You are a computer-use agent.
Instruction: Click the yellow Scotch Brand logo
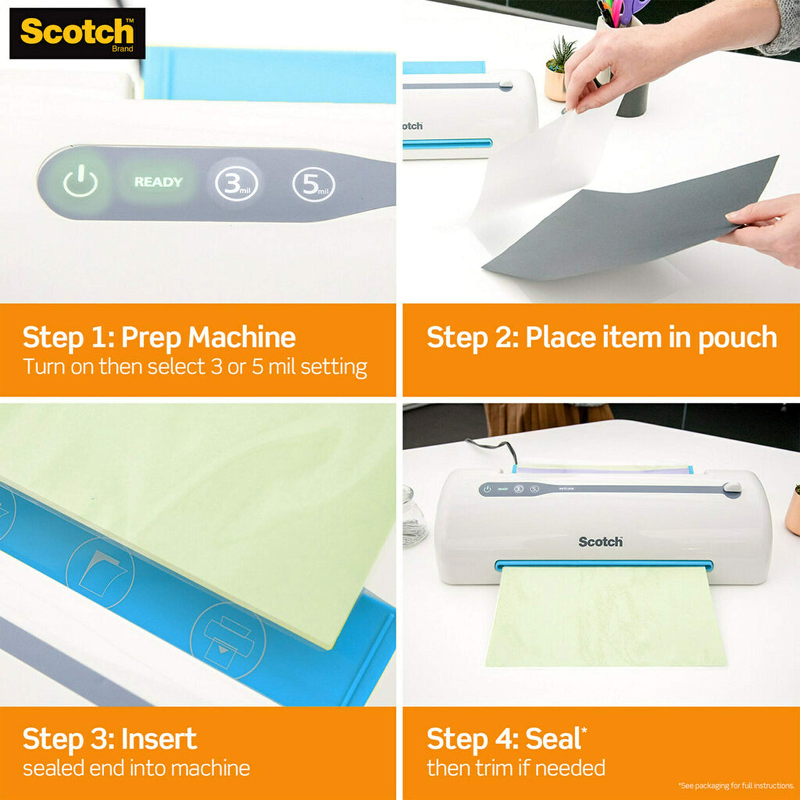click(77, 33)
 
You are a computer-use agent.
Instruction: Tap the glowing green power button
click(80, 182)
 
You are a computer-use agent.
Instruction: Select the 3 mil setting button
click(236, 184)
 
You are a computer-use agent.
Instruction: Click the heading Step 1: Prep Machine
click(159, 337)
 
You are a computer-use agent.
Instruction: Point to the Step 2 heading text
click(601, 337)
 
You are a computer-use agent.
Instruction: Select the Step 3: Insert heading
click(109, 739)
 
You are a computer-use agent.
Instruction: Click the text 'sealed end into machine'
click(136, 768)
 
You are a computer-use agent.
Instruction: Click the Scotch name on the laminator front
click(600, 542)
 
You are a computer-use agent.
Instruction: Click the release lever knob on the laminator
click(731, 489)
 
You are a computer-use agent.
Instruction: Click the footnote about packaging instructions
click(736, 786)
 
